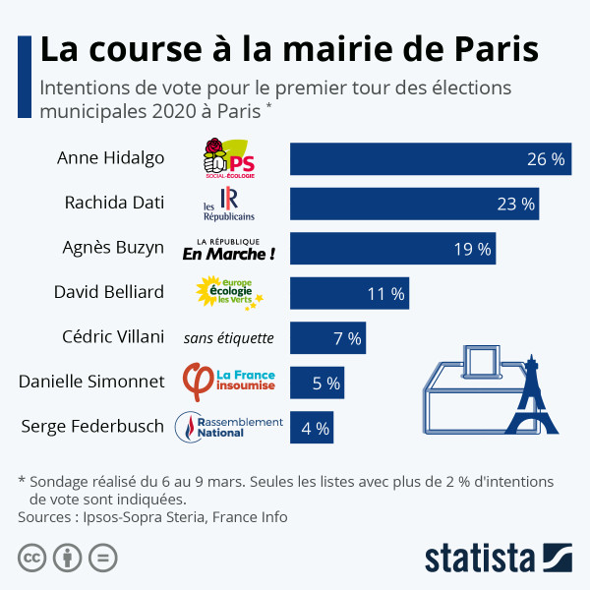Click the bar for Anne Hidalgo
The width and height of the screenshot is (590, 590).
(430, 159)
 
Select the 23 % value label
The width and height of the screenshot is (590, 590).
(515, 205)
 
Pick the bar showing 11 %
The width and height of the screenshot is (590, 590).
(349, 293)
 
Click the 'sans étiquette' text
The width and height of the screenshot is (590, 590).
(228, 338)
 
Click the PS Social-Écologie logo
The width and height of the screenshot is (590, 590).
(228, 158)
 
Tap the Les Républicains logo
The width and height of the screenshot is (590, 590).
(228, 204)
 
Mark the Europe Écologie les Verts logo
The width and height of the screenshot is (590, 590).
(228, 293)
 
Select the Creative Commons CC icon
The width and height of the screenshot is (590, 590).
(32, 558)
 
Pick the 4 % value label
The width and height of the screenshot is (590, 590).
(315, 429)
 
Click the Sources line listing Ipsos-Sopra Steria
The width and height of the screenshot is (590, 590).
(152, 516)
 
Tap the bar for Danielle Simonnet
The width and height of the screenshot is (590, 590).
(318, 383)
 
